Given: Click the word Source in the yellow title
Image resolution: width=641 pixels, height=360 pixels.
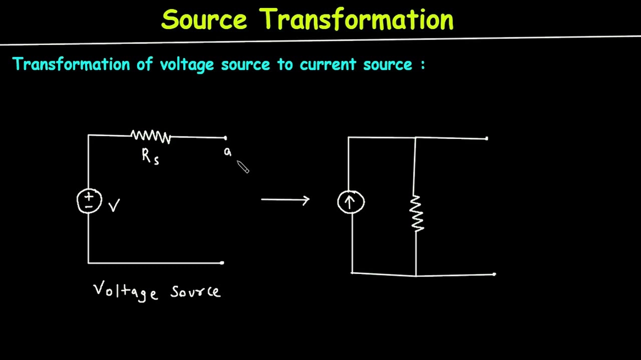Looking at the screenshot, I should pyautogui.click(x=204, y=20).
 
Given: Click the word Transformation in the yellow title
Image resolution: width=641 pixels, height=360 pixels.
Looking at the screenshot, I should pyautogui.click(x=357, y=20).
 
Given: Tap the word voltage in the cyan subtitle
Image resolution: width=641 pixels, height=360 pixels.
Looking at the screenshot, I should pyautogui.click(x=187, y=64).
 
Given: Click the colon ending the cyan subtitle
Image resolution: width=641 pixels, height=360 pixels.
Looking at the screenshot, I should pyautogui.click(x=423, y=65).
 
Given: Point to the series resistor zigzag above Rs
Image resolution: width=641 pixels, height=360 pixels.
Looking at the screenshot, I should pyautogui.click(x=151, y=136).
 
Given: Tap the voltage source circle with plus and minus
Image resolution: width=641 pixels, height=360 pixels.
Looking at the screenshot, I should pyautogui.click(x=89, y=201).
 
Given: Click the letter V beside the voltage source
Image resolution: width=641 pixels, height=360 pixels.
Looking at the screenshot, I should pyautogui.click(x=114, y=205).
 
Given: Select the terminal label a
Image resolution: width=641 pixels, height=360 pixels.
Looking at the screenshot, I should pyautogui.click(x=227, y=152).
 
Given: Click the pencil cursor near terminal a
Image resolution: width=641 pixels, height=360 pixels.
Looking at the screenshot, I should pyautogui.click(x=243, y=167).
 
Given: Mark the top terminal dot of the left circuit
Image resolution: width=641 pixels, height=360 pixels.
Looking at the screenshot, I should pyautogui.click(x=225, y=138).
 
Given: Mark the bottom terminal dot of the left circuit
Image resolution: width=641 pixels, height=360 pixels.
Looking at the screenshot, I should pyautogui.click(x=222, y=262).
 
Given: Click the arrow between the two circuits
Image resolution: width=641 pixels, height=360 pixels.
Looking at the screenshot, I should pyautogui.click(x=285, y=200).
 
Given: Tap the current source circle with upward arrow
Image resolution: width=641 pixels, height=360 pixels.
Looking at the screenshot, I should pyautogui.click(x=351, y=202).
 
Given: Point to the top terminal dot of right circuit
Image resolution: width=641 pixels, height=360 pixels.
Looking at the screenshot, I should pyautogui.click(x=486, y=138).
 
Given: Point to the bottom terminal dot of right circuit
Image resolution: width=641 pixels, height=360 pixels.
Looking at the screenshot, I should pyautogui.click(x=494, y=274).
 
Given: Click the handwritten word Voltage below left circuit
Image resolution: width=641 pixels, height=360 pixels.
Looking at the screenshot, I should pyautogui.click(x=126, y=291).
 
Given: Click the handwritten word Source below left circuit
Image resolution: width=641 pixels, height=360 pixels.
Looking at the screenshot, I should pyautogui.click(x=195, y=291).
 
